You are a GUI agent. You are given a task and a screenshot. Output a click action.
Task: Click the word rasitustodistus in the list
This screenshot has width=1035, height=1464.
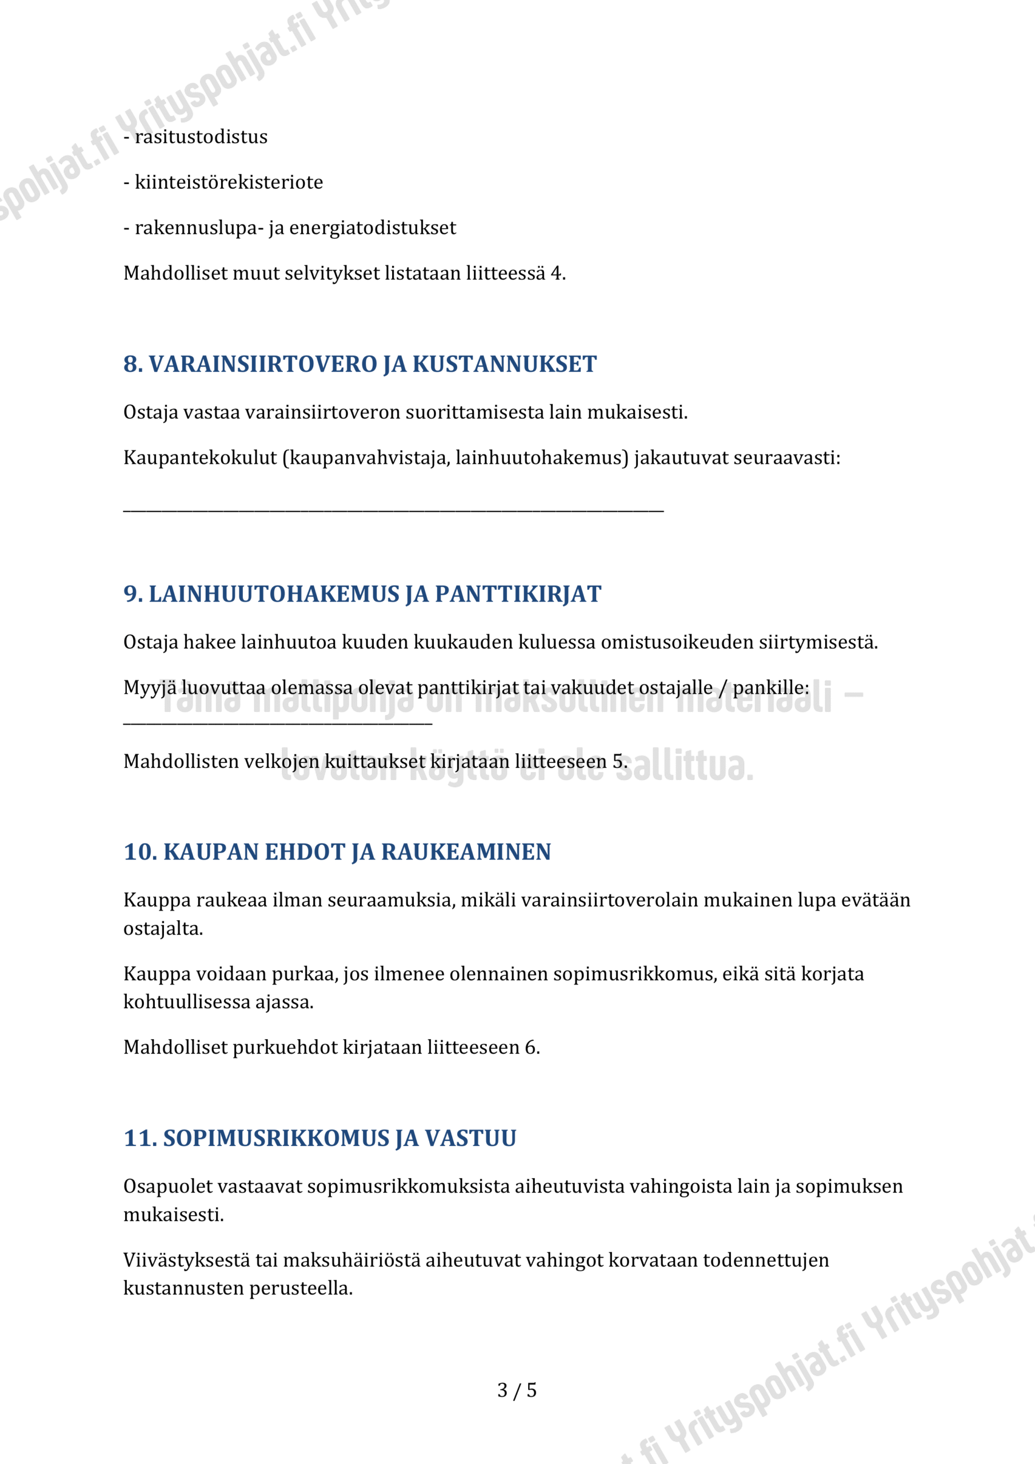pos(201,137)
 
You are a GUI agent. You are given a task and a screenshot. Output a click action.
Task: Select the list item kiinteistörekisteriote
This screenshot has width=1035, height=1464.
pos(229,182)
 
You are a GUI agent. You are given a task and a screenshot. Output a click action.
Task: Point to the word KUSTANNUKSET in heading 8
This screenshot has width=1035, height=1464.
pos(504,364)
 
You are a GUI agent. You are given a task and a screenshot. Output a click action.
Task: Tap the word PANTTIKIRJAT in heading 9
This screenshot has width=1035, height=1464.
pos(518,594)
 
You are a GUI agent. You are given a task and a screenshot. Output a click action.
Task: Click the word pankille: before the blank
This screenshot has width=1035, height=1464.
pos(770,687)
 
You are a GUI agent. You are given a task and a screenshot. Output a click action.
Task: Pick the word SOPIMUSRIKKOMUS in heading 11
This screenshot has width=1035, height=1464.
pos(275,1138)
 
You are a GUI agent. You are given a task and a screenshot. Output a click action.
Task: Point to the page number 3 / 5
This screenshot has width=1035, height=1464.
pos(517,1390)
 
